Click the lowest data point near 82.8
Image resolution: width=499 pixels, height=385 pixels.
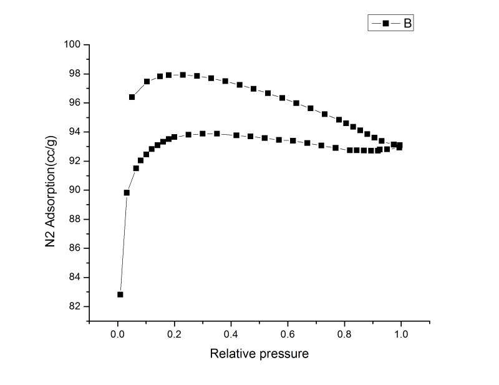[x=120, y=295]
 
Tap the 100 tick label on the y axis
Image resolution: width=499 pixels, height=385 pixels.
[x=74, y=44]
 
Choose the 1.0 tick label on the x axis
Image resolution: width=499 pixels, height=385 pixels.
[x=401, y=334]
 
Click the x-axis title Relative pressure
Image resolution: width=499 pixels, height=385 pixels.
[x=259, y=354]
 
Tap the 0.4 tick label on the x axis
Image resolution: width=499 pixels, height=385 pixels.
[x=231, y=334]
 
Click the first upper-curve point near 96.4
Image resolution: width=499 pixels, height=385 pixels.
[x=132, y=97]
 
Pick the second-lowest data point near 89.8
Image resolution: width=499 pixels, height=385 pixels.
[x=127, y=193]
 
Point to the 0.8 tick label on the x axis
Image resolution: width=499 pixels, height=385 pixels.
[x=344, y=334]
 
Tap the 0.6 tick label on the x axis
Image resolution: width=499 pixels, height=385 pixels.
[x=288, y=334]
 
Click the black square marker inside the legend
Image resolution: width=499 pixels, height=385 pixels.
[x=385, y=23]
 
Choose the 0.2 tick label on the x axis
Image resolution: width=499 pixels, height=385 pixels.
[x=175, y=334]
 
